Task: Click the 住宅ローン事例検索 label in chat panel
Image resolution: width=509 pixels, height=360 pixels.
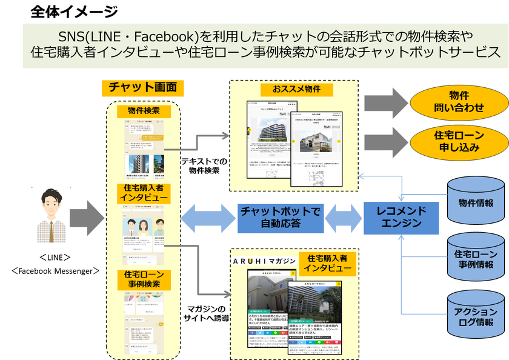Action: coord(144,279)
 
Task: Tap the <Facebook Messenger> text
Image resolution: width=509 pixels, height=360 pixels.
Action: coord(55,270)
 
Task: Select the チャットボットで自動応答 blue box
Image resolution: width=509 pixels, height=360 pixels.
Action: coord(279,218)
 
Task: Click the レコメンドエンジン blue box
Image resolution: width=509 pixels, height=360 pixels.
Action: coord(401,218)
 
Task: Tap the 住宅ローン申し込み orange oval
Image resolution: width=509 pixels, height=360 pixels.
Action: coord(458,142)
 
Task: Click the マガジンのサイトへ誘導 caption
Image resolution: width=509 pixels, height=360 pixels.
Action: coord(205,313)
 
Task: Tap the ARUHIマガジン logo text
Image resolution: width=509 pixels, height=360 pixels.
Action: coord(264,261)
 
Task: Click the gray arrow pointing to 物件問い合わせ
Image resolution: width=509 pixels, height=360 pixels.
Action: coord(386,101)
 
